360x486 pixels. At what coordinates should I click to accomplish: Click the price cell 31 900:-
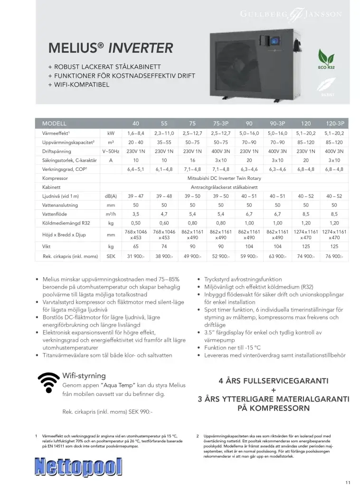[136, 256]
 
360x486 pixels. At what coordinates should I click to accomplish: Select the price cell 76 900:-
[334, 256]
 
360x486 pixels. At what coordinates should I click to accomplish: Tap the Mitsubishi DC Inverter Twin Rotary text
[221, 178]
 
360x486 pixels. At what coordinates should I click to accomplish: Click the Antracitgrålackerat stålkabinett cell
[221, 187]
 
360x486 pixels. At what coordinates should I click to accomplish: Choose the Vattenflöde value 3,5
[136, 214]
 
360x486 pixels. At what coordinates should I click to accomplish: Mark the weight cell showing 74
[164, 246]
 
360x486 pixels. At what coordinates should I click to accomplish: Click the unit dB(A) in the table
[111, 196]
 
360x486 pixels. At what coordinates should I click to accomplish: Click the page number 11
[348, 482]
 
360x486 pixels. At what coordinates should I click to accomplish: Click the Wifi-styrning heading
[84, 375]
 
